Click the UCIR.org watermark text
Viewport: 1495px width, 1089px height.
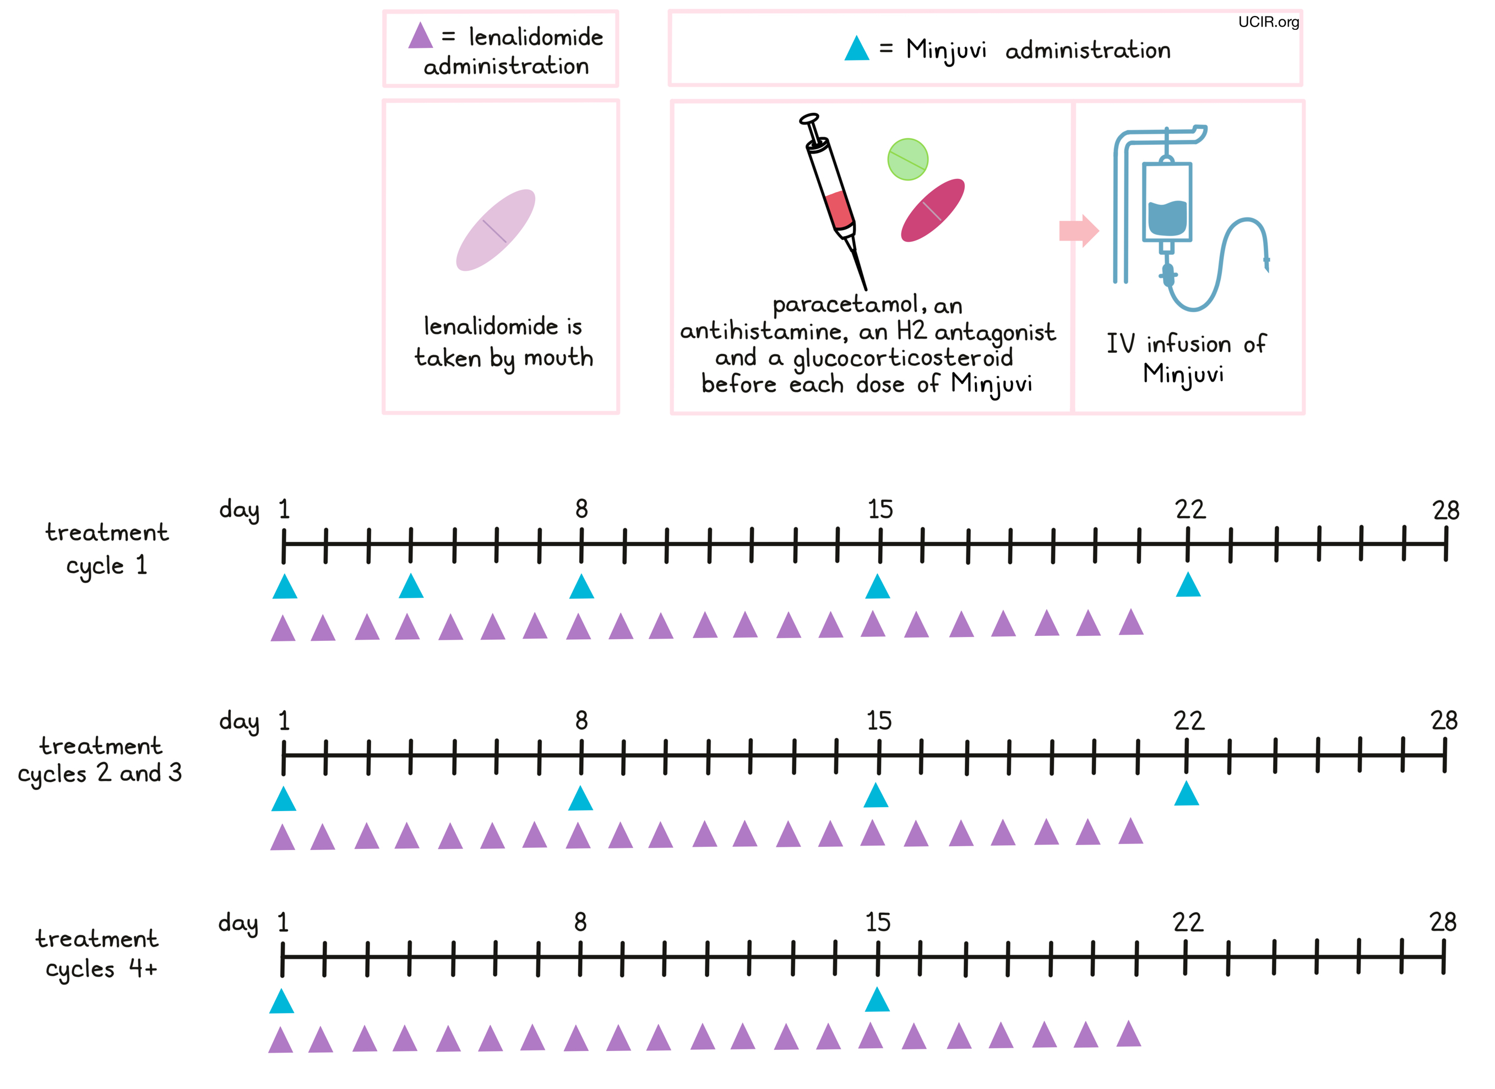pos(1268,22)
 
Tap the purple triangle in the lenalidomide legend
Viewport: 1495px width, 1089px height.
pos(420,37)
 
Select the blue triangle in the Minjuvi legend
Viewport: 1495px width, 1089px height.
pos(856,50)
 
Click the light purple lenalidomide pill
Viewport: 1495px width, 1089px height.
pos(496,230)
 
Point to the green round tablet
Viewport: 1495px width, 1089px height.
pos(907,159)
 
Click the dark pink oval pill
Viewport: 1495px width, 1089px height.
pos(932,210)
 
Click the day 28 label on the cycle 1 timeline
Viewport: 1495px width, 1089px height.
pos(1445,510)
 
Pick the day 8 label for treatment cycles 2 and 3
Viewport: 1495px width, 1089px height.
pos(581,721)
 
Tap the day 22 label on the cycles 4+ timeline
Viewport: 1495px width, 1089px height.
pos(1188,922)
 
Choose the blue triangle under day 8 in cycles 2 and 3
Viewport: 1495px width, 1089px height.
pos(580,799)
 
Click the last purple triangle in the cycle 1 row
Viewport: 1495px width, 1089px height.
pos(1130,623)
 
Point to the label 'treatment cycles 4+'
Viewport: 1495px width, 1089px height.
pos(97,953)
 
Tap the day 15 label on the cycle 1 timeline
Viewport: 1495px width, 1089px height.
pos(880,510)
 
